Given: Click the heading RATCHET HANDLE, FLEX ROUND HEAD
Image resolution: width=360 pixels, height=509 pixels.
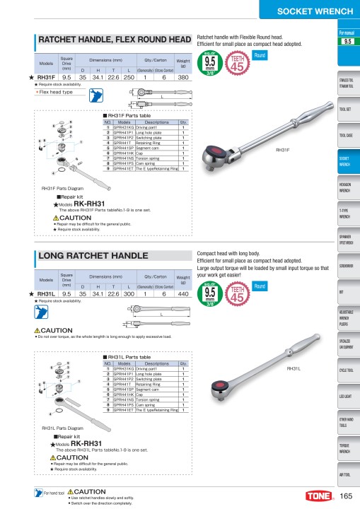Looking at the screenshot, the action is (114, 40).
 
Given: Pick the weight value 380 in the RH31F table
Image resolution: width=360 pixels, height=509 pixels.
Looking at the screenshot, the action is (182, 77).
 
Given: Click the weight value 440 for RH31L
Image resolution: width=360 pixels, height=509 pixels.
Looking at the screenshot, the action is (182, 293).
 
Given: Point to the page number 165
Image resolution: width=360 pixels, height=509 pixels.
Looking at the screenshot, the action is (346, 495).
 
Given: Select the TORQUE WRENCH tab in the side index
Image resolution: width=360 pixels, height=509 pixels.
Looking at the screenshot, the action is (346, 449).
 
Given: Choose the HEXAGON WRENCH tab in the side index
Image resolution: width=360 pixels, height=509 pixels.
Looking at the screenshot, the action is (346, 187).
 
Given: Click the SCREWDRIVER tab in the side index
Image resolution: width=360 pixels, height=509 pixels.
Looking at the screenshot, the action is (346, 266).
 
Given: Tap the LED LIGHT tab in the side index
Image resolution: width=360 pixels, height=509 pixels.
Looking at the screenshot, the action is (346, 397).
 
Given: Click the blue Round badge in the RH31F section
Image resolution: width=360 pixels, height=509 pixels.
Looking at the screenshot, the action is (260, 54).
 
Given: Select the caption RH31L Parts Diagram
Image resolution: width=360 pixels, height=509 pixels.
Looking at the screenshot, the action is (63, 428).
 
